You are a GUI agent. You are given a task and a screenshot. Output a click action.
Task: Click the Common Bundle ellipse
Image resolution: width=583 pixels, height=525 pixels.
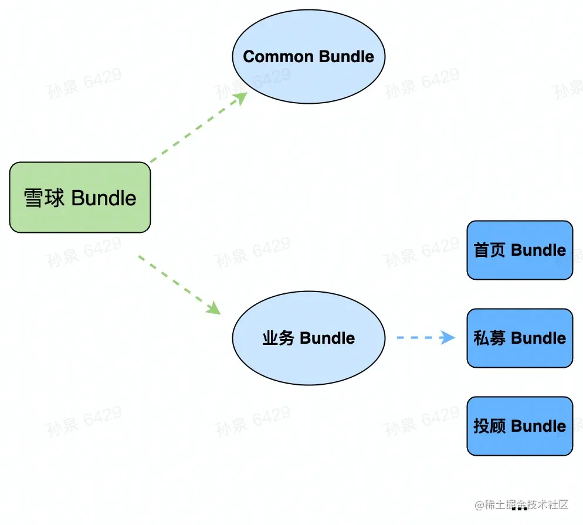[309, 57]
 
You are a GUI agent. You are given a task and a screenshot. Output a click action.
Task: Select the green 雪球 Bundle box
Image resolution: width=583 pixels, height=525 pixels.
[80, 197]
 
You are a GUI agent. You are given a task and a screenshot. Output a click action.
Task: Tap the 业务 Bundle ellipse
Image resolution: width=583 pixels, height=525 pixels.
[309, 338]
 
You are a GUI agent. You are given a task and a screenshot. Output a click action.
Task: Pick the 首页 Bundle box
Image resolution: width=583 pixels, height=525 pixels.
[520, 250]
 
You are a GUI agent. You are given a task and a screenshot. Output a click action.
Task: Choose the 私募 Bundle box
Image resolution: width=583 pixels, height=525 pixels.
[520, 338]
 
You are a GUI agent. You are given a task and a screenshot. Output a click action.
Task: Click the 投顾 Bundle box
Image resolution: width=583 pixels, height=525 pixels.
[520, 426]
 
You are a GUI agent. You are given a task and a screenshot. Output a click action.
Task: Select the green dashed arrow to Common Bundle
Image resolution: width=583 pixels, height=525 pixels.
[196, 128]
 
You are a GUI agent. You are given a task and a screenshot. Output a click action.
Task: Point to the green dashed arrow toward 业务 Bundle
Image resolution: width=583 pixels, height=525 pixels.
[179, 284]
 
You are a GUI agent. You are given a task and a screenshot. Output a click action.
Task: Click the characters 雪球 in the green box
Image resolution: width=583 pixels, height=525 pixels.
[45, 198]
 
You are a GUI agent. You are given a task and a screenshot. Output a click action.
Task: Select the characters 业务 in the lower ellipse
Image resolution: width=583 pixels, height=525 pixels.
[278, 338]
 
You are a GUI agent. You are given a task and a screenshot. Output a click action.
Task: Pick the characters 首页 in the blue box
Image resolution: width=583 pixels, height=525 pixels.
[490, 250]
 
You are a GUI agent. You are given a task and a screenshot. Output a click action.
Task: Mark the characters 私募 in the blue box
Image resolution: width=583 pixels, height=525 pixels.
[490, 338]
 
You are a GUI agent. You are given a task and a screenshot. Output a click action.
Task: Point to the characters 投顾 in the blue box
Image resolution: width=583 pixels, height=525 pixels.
[490, 426]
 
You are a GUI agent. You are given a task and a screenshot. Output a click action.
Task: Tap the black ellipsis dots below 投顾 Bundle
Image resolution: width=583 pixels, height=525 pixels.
[519, 516]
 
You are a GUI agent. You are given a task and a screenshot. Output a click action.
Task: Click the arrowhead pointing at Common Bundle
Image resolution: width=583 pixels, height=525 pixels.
[240, 97]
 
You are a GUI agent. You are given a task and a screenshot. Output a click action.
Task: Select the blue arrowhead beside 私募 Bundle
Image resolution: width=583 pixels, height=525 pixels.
[449, 337]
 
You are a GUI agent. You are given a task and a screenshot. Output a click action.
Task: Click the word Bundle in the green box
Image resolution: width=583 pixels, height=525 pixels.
[104, 198]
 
